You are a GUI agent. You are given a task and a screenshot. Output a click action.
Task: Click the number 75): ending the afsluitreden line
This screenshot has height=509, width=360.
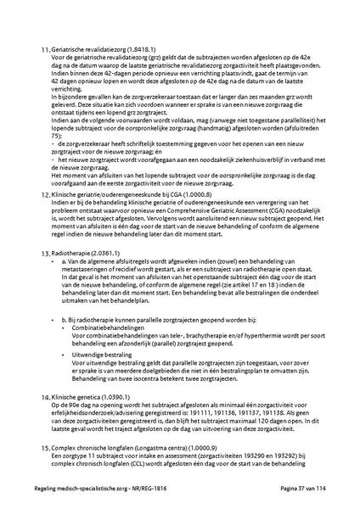pyautogui.click(x=56, y=135)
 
